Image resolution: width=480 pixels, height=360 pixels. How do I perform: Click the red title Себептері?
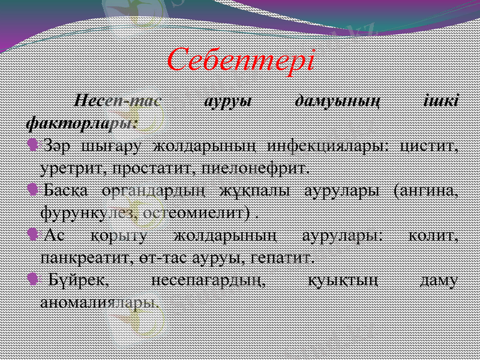(x=240, y=60)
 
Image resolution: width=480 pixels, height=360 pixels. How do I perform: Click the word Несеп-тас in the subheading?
(x=118, y=101)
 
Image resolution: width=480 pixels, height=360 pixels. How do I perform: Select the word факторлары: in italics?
(x=82, y=122)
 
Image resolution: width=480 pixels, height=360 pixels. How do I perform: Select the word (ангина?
(x=425, y=191)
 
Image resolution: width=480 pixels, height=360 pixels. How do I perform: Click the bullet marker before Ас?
(x=33, y=235)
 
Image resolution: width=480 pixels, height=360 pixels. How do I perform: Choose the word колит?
(x=434, y=236)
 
